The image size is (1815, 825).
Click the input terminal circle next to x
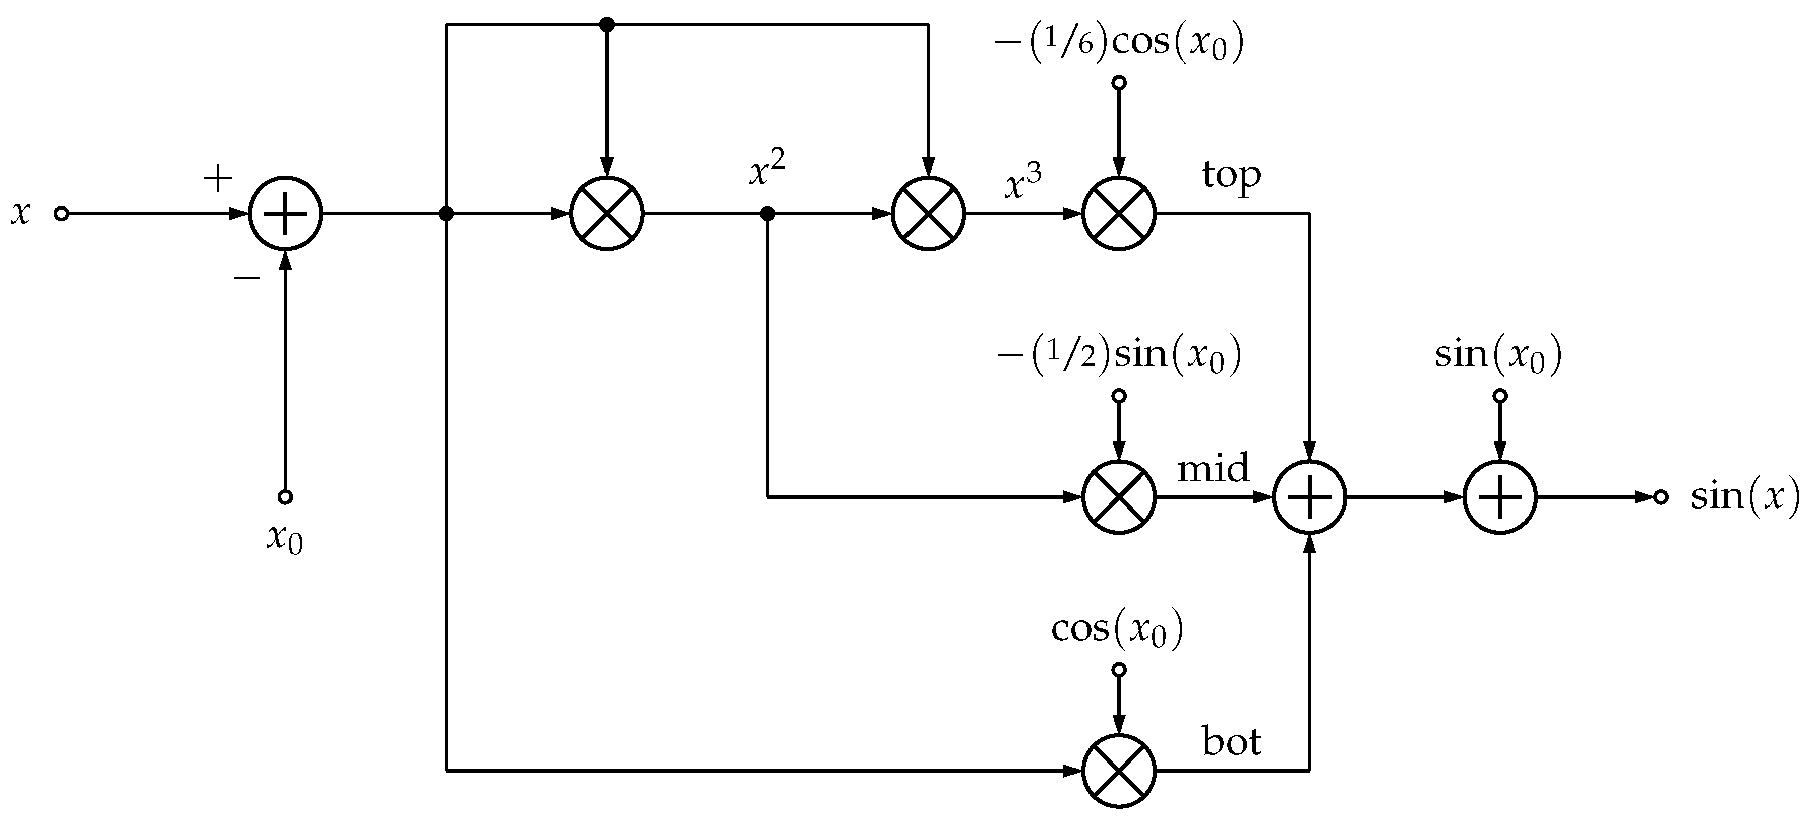click(x=62, y=214)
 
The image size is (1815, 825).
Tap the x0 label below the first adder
click(x=285, y=539)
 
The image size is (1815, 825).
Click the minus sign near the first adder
click(x=247, y=278)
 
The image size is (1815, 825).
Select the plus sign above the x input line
click(x=218, y=178)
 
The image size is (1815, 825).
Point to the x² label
click(x=766, y=170)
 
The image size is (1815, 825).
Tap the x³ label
click(x=1022, y=183)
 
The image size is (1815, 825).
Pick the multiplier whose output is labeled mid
click(x=1119, y=497)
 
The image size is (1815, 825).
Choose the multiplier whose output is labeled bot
click(x=1119, y=771)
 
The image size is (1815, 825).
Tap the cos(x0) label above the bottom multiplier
click(x=1117, y=629)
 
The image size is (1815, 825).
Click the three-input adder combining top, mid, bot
click(x=1309, y=497)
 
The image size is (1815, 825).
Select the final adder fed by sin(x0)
click(x=1500, y=497)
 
